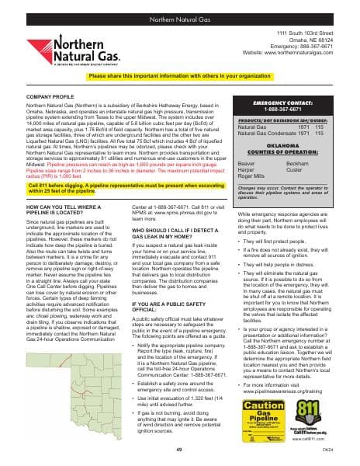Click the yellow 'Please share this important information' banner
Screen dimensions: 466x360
coord(179,77)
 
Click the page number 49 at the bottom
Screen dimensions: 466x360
coord(179,450)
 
